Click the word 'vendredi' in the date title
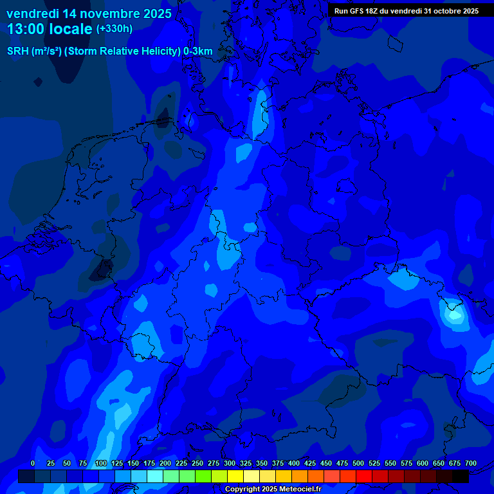click(x=32, y=14)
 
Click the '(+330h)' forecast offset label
click(x=114, y=29)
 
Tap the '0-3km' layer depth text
click(x=198, y=51)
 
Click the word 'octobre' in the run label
click(x=440, y=11)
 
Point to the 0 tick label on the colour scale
click(x=33, y=463)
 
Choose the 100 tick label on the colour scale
click(x=101, y=463)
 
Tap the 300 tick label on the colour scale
click(x=230, y=463)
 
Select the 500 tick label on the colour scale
click(x=358, y=463)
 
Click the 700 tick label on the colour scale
click(x=471, y=463)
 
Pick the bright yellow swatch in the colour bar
click(x=235, y=476)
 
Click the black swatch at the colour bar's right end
click(x=461, y=476)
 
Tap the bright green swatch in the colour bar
click(x=203, y=476)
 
